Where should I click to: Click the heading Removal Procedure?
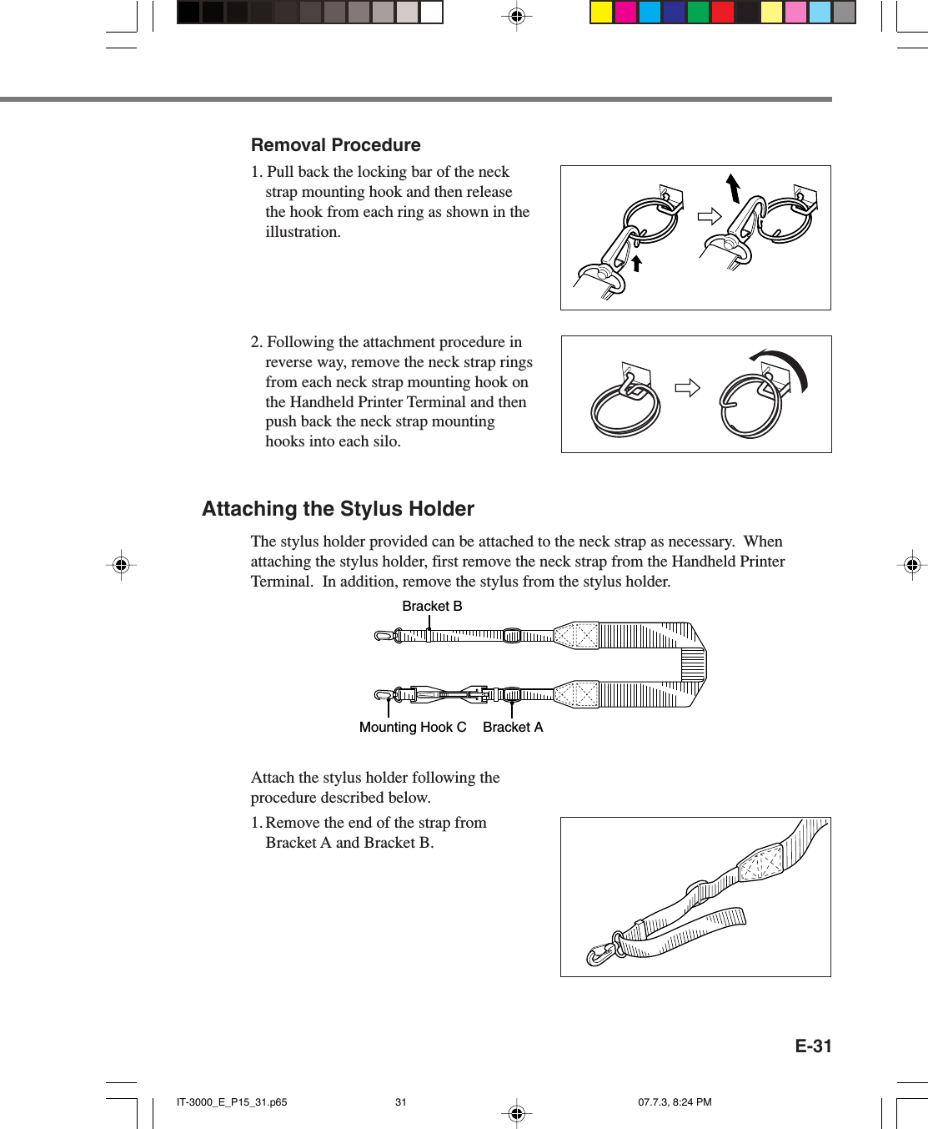click(x=335, y=145)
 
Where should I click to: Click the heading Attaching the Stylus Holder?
click(x=338, y=509)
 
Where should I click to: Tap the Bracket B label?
click(x=432, y=607)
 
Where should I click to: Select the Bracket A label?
click(x=513, y=728)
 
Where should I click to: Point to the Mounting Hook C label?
click(x=413, y=728)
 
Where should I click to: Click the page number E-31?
click(x=813, y=1046)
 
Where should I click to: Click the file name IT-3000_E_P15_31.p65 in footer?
click(x=232, y=1102)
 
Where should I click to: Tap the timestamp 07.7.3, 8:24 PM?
click(x=675, y=1102)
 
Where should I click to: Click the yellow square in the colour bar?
click(x=601, y=13)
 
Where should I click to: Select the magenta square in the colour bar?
click(x=625, y=13)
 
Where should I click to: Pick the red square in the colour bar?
click(x=722, y=13)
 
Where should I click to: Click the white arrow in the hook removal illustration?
click(x=709, y=217)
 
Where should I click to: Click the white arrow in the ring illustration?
click(x=687, y=388)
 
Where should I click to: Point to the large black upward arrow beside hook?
click(x=733, y=189)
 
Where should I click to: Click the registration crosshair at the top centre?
click(x=517, y=16)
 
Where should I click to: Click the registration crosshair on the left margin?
click(x=121, y=565)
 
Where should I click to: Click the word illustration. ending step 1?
click(x=303, y=233)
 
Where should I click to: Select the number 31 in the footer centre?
click(x=401, y=1102)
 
